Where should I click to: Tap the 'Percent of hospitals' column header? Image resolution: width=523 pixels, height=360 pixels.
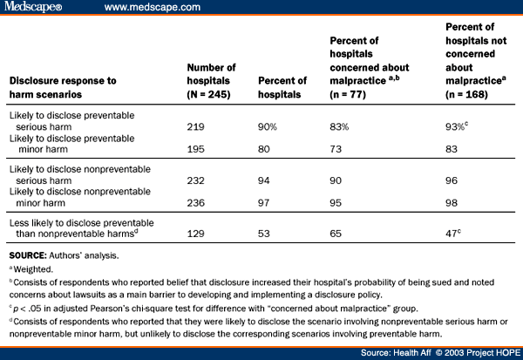tap(281, 88)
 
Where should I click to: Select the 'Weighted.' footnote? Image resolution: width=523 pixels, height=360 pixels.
tap(31, 270)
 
